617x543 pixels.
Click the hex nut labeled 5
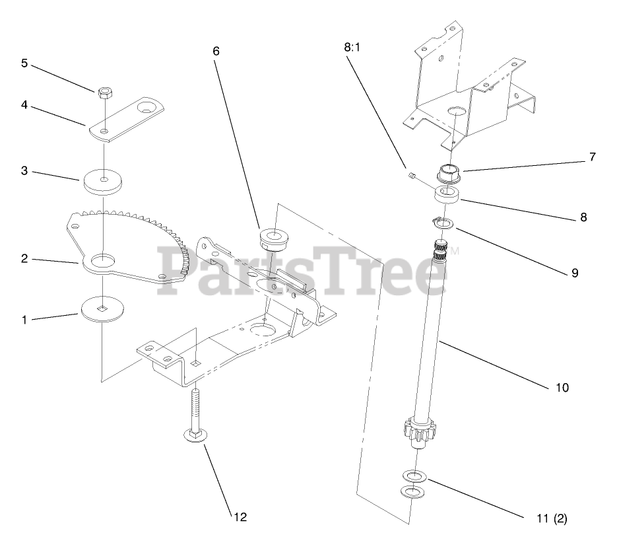(x=104, y=92)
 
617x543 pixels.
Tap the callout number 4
(x=24, y=104)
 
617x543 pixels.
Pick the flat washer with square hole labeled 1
(x=104, y=308)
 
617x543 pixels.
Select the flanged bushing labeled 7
(x=449, y=174)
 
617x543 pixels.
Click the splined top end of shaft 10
(x=439, y=250)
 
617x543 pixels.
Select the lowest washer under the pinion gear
(x=412, y=491)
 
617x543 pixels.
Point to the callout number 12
(x=240, y=517)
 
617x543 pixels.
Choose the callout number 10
(x=562, y=387)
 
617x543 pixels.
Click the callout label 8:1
(x=354, y=48)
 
